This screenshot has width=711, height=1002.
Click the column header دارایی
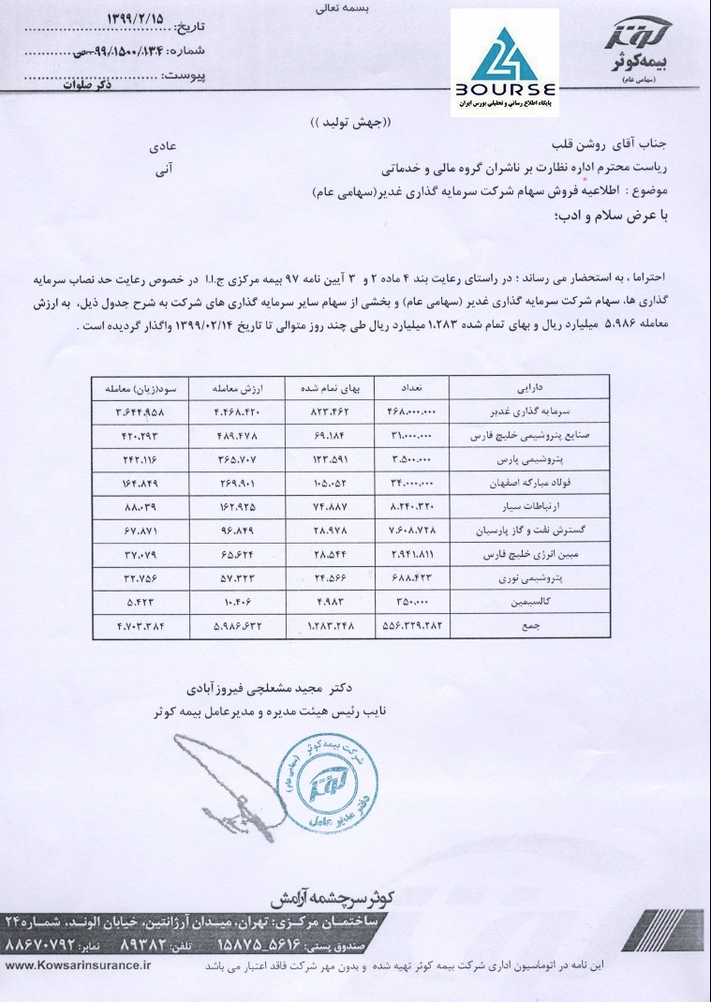(528, 386)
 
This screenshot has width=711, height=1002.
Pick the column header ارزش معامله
(238, 386)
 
